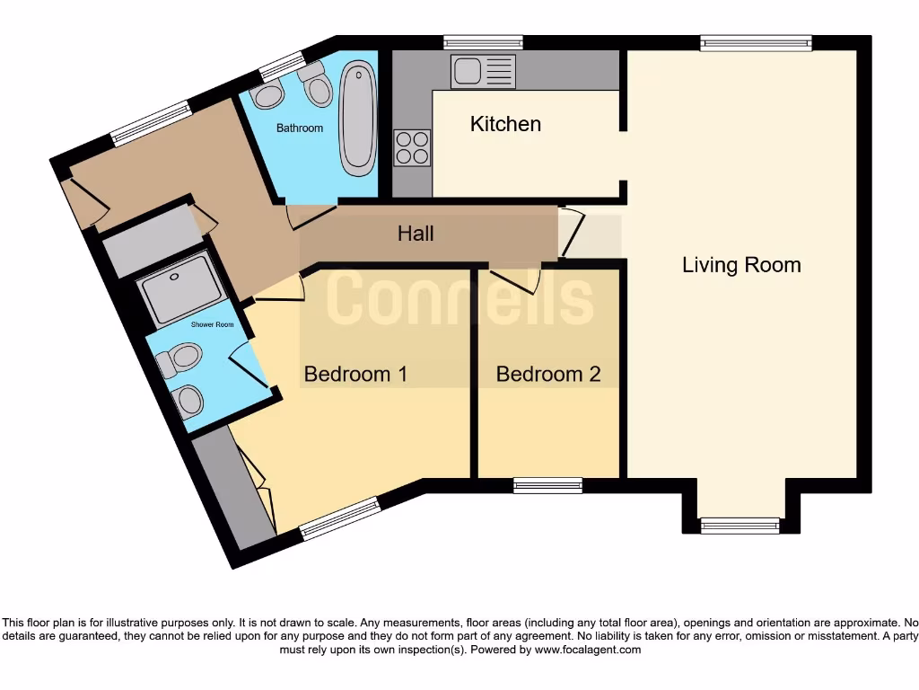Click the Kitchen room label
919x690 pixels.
[505, 124]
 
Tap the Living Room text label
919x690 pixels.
[741, 265]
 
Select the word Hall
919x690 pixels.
[416, 234]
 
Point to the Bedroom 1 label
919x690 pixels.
[355, 374]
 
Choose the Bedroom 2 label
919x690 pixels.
[547, 374]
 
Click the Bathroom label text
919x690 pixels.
[299, 128]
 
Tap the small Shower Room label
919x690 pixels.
[212, 324]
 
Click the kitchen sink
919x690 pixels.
[484, 71]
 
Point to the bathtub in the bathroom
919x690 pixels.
[358, 118]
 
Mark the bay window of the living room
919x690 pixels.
[740, 526]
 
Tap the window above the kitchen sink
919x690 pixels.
[484, 41]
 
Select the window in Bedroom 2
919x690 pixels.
[547, 485]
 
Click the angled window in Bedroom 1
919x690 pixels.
[340, 518]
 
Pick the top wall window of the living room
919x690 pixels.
[757, 41]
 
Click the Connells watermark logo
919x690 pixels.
[459, 297]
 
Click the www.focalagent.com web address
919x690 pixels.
[587, 650]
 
